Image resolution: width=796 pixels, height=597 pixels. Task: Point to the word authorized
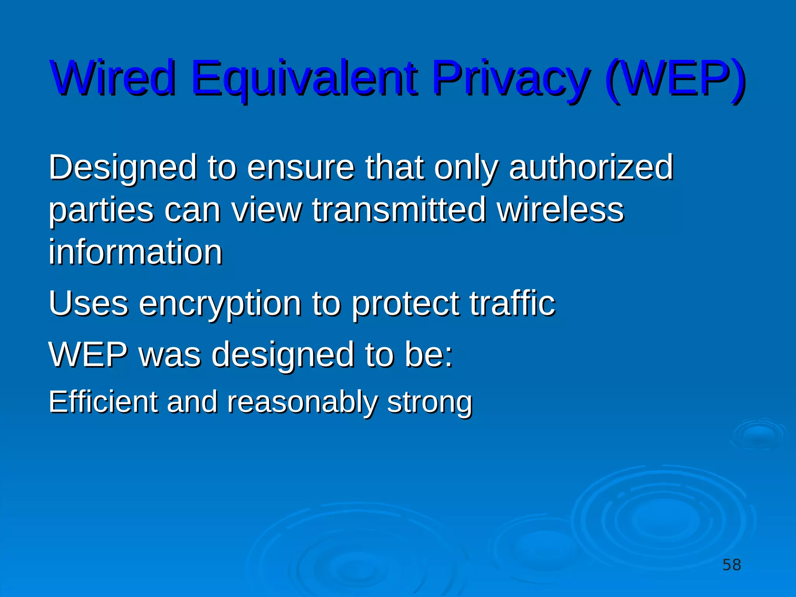pyautogui.click(x=591, y=168)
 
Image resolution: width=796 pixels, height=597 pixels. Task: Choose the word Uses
pyautogui.click(x=88, y=304)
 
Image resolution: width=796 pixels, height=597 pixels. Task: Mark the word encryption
pyautogui.click(x=220, y=304)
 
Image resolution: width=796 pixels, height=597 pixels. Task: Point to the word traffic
pyautogui.click(x=512, y=304)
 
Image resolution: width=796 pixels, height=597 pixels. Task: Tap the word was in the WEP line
pyautogui.click(x=170, y=354)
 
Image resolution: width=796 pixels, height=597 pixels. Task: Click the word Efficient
pyautogui.click(x=103, y=402)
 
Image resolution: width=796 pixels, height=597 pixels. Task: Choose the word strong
pyautogui.click(x=429, y=403)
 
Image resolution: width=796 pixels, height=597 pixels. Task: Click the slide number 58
pyautogui.click(x=731, y=565)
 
